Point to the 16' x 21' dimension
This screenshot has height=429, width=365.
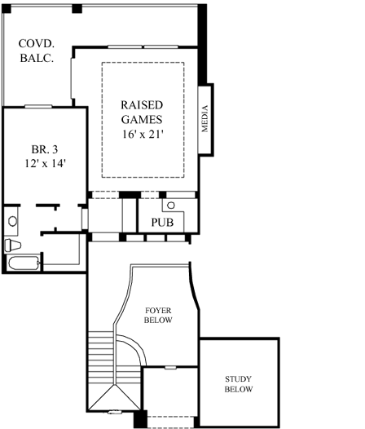(143, 134)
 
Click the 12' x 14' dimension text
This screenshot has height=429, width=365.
(44, 163)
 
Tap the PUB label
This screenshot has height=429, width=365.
(161, 222)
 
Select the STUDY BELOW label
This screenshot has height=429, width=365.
(240, 385)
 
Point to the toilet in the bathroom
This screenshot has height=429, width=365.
(13, 245)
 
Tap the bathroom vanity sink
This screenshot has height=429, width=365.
(11, 220)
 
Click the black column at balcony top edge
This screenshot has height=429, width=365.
(77, 8)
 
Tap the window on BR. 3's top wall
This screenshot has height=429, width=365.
(39, 106)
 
